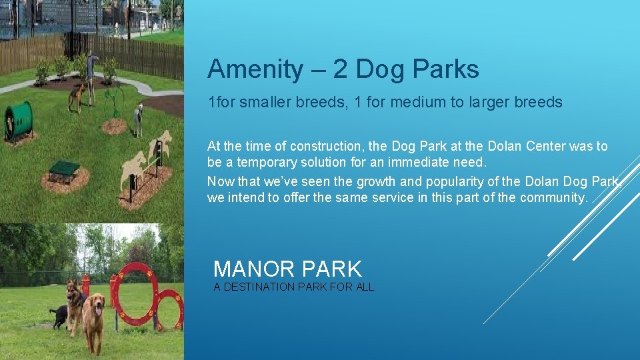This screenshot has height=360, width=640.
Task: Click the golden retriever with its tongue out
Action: tap(93, 320)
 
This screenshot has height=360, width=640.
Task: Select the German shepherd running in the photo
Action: tap(74, 304)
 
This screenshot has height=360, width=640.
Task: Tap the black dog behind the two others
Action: tap(59, 315)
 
